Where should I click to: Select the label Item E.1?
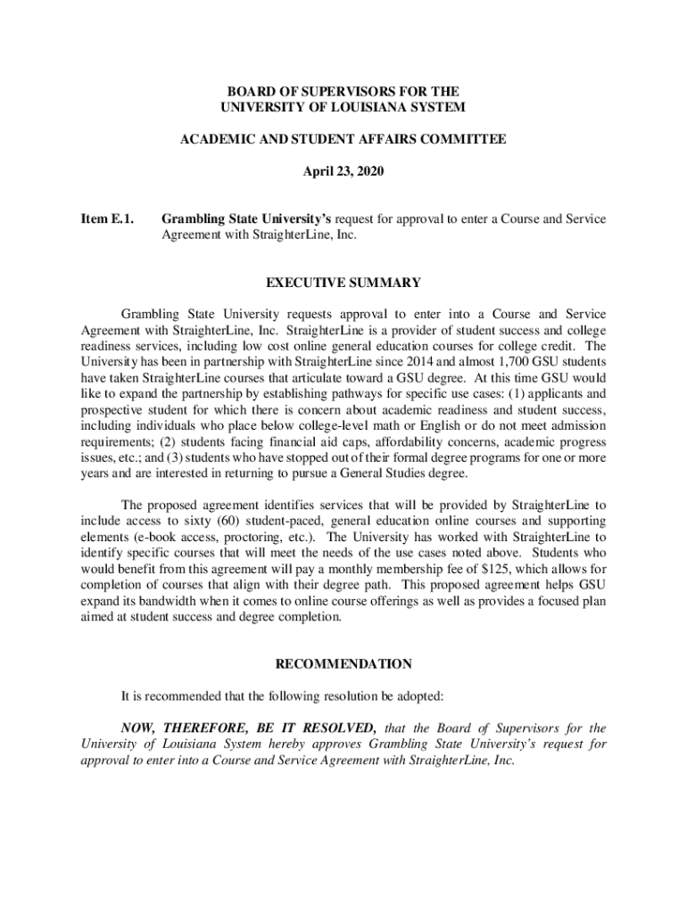pyautogui.click(x=100, y=218)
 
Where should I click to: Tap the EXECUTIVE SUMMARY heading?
pyautogui.click(x=343, y=283)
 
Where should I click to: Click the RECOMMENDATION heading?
pyautogui.click(x=343, y=664)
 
